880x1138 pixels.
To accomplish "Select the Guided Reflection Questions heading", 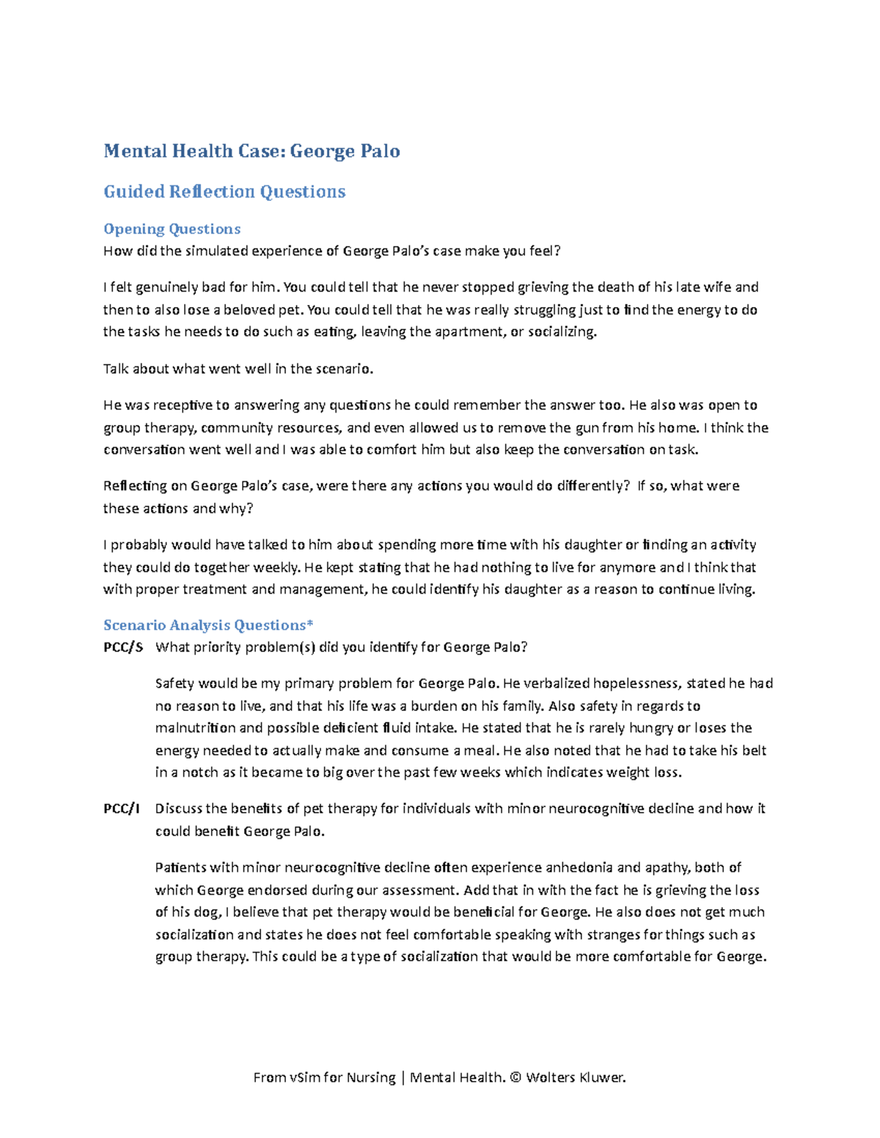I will (x=224, y=191).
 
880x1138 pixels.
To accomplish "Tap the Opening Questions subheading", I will (x=172, y=229).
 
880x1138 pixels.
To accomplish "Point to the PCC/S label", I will (x=123, y=647).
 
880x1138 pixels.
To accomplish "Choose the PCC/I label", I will (x=121, y=808).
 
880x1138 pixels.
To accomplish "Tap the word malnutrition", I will (x=195, y=728).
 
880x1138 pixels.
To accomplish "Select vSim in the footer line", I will (x=305, y=1077).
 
